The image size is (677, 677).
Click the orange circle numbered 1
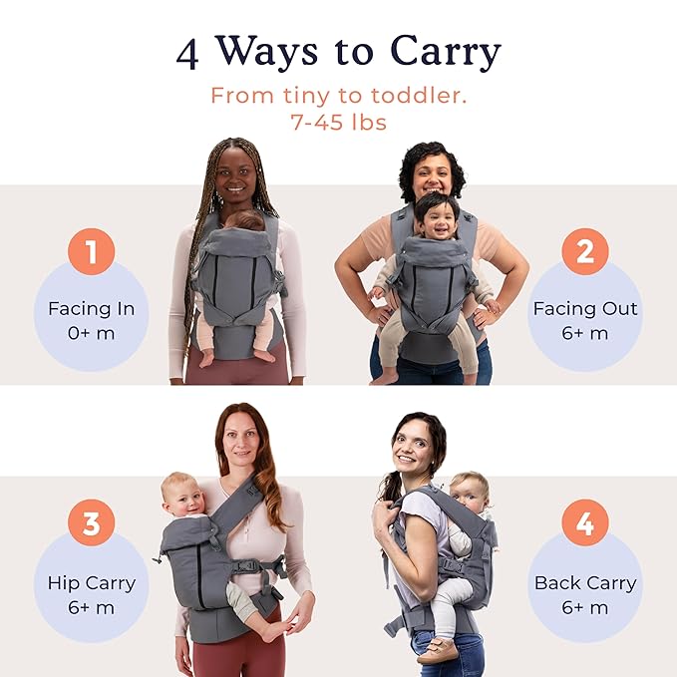tap(92, 253)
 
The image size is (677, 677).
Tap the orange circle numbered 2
tap(584, 252)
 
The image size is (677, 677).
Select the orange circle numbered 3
tap(92, 523)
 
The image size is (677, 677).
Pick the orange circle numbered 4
tap(584, 523)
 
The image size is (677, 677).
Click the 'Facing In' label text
tap(92, 308)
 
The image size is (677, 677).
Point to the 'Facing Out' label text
tap(584, 308)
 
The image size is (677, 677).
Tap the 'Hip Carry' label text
tap(92, 583)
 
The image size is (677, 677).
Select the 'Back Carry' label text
tap(584, 583)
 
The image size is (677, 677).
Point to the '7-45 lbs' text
tap(338, 123)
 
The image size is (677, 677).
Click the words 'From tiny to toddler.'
tap(338, 97)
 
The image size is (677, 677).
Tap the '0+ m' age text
tap(92, 333)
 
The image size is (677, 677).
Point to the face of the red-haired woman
tap(242, 446)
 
